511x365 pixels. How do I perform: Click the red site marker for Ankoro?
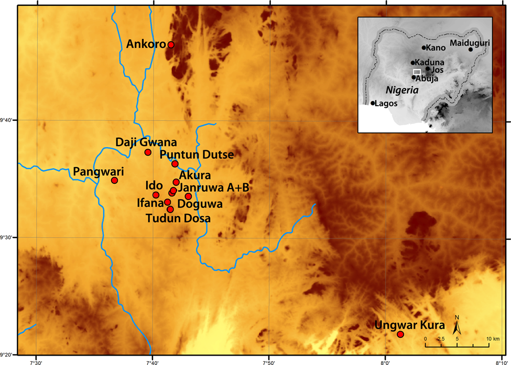(171, 45)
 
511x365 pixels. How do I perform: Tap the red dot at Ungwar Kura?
(400, 334)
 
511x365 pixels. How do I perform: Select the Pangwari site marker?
(114, 180)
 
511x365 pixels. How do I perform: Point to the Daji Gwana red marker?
(148, 152)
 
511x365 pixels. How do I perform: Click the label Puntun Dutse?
(197, 155)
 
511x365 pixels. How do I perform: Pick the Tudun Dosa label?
(178, 218)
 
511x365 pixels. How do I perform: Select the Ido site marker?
(156, 195)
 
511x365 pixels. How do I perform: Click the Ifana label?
(150, 203)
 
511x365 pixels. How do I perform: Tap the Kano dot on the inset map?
(423, 48)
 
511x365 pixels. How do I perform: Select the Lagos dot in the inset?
(373, 103)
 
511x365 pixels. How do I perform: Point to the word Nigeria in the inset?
(401, 90)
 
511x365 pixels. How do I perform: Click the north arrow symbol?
(457, 327)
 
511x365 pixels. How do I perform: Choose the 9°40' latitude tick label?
(7, 120)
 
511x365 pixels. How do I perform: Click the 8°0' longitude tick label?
(385, 362)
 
